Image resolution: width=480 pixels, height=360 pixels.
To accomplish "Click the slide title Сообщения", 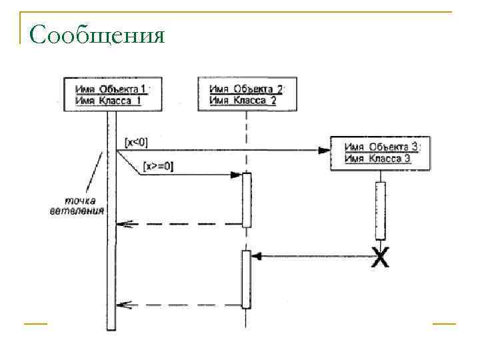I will coord(97,34).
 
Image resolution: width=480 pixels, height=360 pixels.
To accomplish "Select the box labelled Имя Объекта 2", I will coord(246,94).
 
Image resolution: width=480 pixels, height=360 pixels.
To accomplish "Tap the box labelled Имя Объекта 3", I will coord(379,153).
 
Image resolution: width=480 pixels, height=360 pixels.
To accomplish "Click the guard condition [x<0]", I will coord(137,142).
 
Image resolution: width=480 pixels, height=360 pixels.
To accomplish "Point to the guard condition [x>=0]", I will coord(159,167).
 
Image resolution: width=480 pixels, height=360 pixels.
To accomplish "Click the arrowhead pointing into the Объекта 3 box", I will coord(324,151).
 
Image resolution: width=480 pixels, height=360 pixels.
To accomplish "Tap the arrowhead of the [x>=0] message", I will coord(235,175).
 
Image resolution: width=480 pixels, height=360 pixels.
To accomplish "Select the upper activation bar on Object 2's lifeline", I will coord(246,199).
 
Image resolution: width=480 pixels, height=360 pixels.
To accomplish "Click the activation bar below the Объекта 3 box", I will coord(381,210).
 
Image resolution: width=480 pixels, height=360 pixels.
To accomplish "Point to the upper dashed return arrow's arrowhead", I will coord(122,224).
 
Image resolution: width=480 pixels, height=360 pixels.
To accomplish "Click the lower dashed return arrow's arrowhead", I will coord(122,305).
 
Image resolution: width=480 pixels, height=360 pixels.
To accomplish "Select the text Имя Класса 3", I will coord(377,159).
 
